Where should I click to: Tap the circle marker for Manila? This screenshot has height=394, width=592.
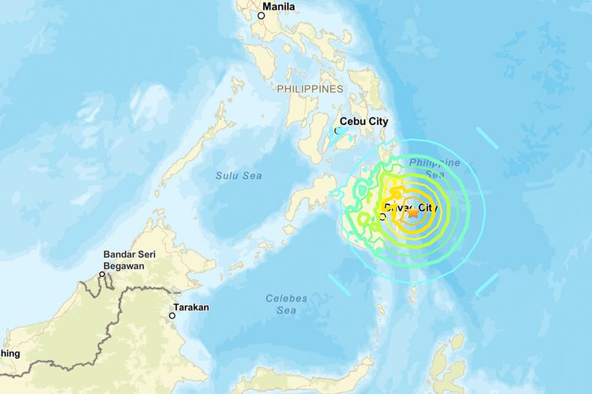[261, 15]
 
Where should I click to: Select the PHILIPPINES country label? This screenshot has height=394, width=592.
[310, 88]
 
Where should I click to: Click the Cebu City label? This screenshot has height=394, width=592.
[363, 122]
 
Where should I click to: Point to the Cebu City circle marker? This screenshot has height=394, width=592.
[338, 132]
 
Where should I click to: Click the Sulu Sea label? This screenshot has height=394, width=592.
[238, 175]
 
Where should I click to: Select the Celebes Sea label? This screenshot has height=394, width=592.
[286, 304]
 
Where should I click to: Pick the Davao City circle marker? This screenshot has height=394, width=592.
[383, 216]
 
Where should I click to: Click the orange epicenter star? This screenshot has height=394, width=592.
[413, 214]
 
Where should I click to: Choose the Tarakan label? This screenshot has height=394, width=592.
[191, 308]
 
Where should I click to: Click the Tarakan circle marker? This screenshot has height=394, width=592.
[172, 316]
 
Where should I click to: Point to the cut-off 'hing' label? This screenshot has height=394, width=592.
[10, 354]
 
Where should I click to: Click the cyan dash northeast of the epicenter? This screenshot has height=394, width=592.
[487, 137]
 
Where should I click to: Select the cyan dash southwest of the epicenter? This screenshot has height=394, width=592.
[339, 284]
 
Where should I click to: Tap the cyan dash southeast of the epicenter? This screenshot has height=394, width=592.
[486, 285]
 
